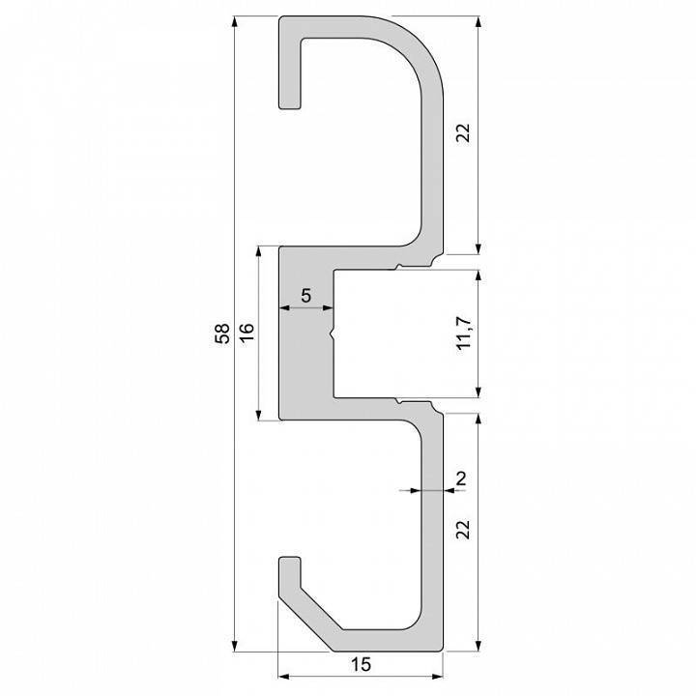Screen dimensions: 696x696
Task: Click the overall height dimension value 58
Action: (x=222, y=334)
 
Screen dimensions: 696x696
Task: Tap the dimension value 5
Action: (x=305, y=296)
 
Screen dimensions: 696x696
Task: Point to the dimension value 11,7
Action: (x=465, y=333)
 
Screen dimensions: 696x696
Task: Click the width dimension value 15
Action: (x=360, y=666)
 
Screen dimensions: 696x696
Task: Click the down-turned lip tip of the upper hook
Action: (x=289, y=101)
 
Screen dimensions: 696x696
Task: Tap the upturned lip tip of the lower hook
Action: (x=290, y=562)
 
